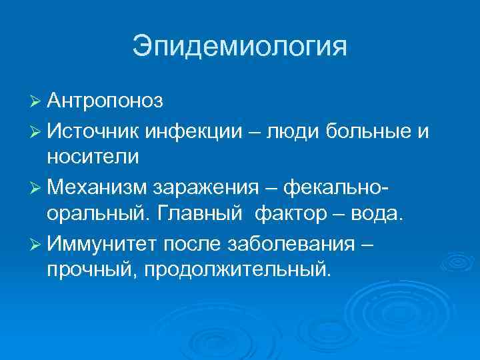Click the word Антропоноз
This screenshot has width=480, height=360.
click(x=105, y=101)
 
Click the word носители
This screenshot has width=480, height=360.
click(x=93, y=157)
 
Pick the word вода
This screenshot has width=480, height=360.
click(x=377, y=215)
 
